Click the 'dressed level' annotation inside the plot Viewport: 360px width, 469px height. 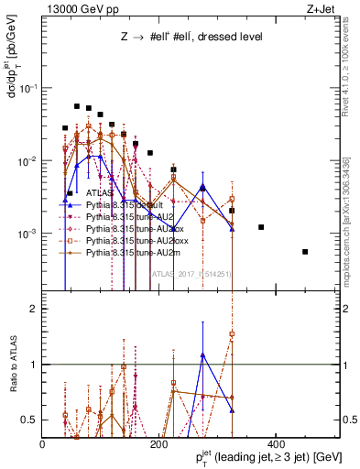coord(230,38)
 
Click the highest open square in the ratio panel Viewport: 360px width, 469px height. coord(232,334)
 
